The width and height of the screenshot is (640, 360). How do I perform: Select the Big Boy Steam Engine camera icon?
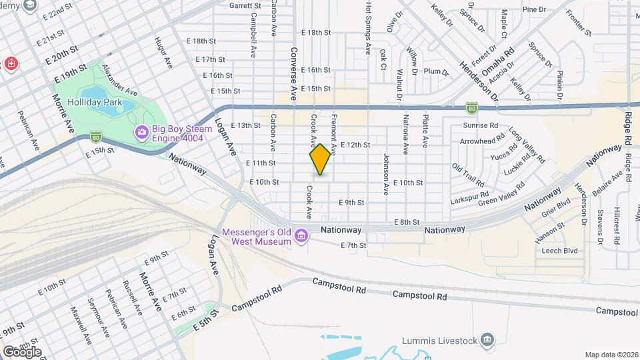pyautogui.click(x=141, y=132)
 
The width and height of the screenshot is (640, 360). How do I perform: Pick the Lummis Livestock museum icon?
pyautogui.click(x=488, y=341)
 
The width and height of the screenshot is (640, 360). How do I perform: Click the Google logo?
pyautogui.click(x=22, y=352)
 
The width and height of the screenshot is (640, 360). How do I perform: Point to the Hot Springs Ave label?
pyautogui.click(x=367, y=27)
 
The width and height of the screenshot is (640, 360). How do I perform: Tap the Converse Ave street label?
pyautogui.click(x=293, y=73)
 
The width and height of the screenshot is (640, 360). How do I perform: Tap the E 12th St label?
pyautogui.click(x=355, y=144)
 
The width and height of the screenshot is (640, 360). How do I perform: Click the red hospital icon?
pyautogui.click(x=11, y=64)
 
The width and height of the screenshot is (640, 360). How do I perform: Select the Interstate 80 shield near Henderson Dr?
pyautogui.click(x=471, y=107)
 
